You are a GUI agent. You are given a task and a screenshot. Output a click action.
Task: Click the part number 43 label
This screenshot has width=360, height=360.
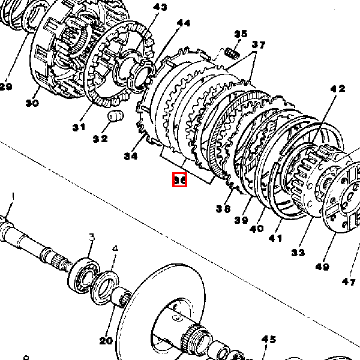click(x=160, y=7)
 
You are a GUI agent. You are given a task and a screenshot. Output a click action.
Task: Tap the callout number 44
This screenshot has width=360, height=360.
click(x=184, y=23)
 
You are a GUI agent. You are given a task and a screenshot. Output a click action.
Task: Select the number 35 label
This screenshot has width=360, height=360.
click(x=241, y=34)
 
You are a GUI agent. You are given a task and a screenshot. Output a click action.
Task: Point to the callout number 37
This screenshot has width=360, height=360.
click(x=258, y=45)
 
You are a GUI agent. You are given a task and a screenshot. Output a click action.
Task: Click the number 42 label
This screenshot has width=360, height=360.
click(x=338, y=89)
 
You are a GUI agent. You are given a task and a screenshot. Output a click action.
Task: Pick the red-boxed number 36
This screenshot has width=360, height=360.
click(x=180, y=179)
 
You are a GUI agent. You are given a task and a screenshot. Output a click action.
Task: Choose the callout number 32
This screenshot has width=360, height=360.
click(x=100, y=139)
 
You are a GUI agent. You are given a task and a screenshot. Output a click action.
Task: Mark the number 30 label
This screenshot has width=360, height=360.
click(x=32, y=103)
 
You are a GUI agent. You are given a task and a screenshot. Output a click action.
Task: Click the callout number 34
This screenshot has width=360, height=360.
click(x=131, y=157)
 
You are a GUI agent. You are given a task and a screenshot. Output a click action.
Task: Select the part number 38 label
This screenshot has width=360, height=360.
click(x=223, y=209)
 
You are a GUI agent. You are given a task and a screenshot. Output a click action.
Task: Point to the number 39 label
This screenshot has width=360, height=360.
click(x=241, y=220)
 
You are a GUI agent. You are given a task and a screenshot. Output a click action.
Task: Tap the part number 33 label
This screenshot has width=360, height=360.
click(x=298, y=253)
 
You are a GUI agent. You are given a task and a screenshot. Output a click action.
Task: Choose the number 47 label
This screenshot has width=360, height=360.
click(x=349, y=281)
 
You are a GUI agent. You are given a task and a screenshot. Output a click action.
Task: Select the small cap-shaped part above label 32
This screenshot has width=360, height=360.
click(x=115, y=115)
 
